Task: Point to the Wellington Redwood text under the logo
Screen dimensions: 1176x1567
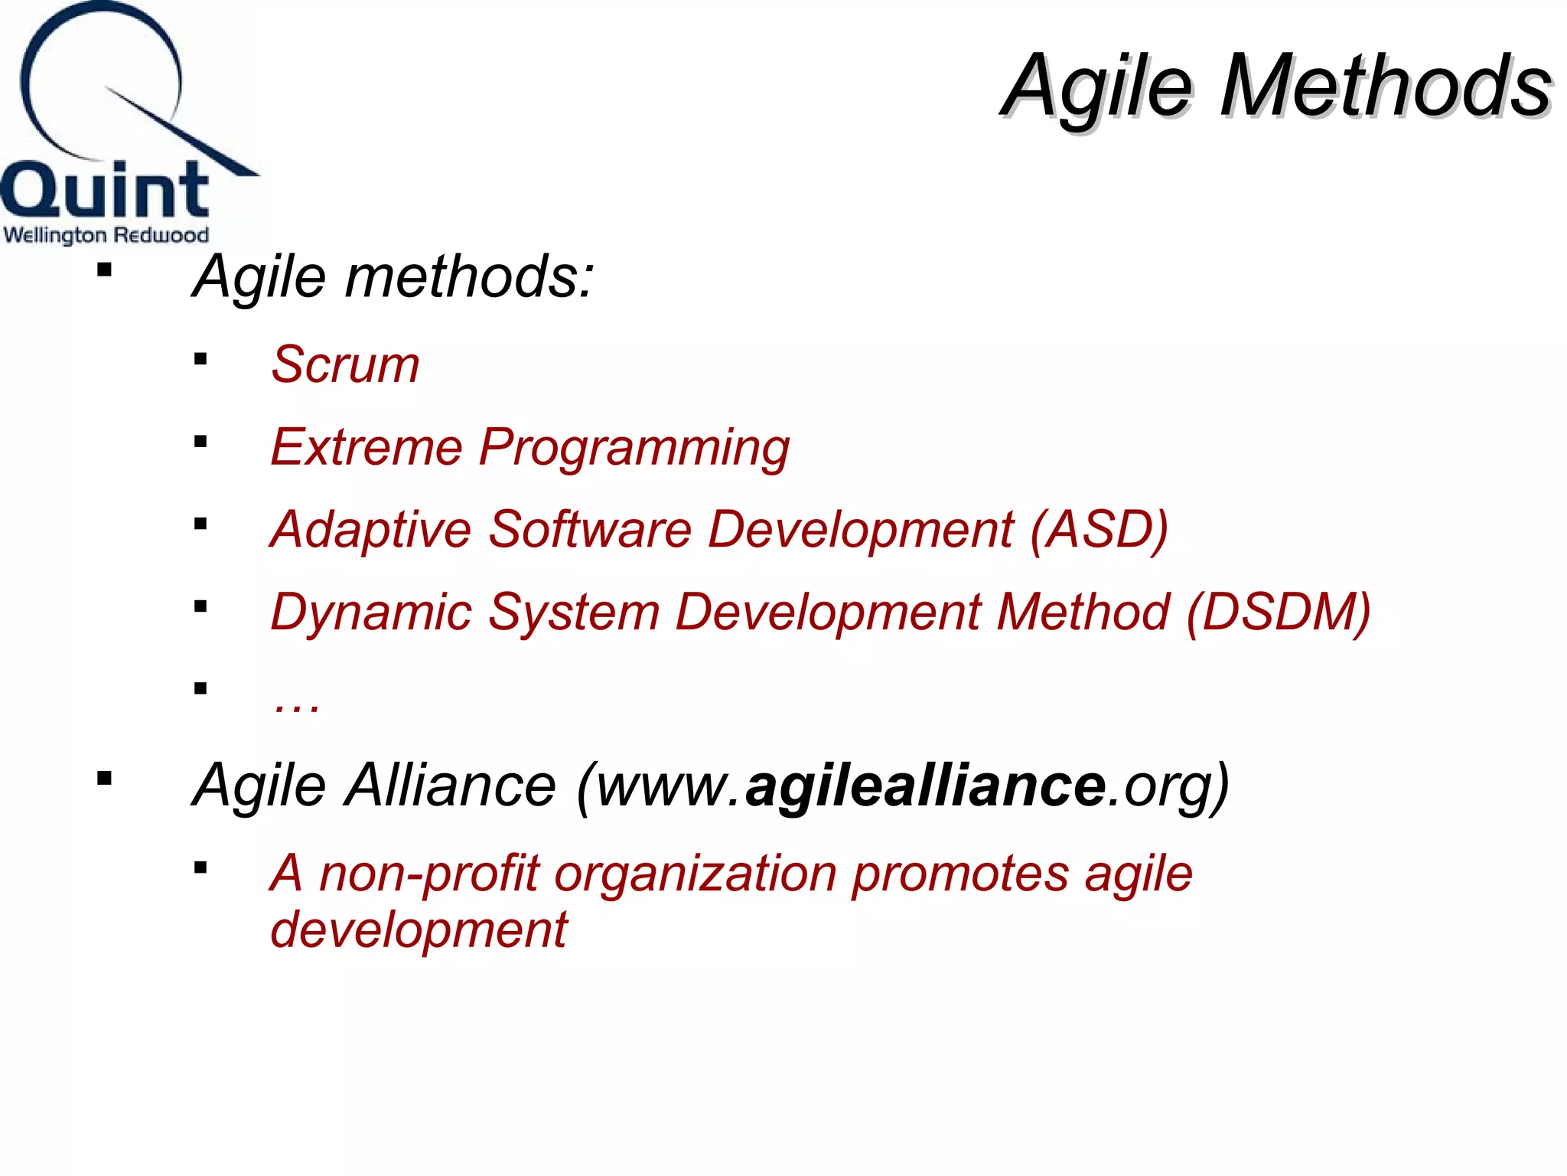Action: pyautogui.click(x=106, y=234)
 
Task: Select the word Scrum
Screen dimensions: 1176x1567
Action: pyautogui.click(x=345, y=364)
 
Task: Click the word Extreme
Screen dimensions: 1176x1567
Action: pyautogui.click(x=367, y=447)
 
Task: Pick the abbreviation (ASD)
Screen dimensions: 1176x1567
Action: pyautogui.click(x=1099, y=530)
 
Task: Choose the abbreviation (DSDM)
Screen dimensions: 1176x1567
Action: pyautogui.click(x=1278, y=612)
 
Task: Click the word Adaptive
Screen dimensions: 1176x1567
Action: pyautogui.click(x=371, y=530)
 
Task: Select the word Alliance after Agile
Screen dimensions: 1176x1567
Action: pyautogui.click(x=450, y=786)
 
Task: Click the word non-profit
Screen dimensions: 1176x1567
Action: pyautogui.click(x=428, y=874)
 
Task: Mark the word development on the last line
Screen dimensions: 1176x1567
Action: pyautogui.click(x=419, y=929)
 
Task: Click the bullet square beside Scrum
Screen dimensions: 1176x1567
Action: pyautogui.click(x=200, y=359)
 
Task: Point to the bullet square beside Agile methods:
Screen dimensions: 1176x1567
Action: pyautogui.click(x=105, y=269)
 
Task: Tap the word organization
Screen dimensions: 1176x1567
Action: pyautogui.click(x=695, y=874)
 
